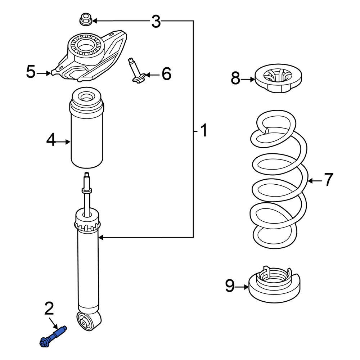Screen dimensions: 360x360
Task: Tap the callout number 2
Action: (x=49, y=308)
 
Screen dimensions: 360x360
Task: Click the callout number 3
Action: (x=156, y=22)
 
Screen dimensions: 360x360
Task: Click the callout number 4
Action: (x=51, y=140)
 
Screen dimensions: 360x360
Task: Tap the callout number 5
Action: (x=31, y=72)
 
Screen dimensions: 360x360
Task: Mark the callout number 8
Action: (x=235, y=78)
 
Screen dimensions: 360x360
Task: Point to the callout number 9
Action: (x=230, y=286)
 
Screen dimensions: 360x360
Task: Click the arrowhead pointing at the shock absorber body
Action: (x=101, y=237)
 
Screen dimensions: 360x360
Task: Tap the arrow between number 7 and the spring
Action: (x=314, y=180)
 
